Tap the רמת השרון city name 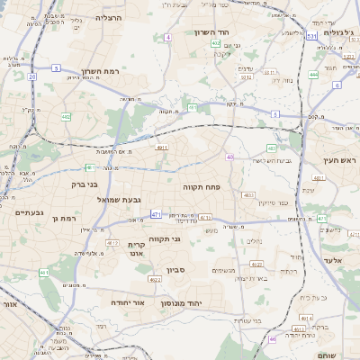(93, 69)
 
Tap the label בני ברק (58, 184)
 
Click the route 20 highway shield (32, 76)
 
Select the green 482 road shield (66, 117)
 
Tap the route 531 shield (310, 37)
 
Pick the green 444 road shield (313, 75)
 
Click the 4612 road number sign (112, 243)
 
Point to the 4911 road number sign (162, 147)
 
